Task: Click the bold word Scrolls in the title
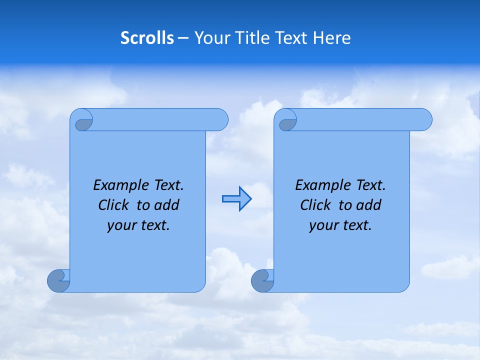147,38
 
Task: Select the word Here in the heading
332,38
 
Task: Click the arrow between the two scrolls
236,199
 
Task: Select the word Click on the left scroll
114,205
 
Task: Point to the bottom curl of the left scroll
58,280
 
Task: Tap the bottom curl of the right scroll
262,280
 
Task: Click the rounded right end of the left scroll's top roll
220,119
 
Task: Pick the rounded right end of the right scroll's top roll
424,119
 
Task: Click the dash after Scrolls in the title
183,38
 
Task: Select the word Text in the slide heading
291,38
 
